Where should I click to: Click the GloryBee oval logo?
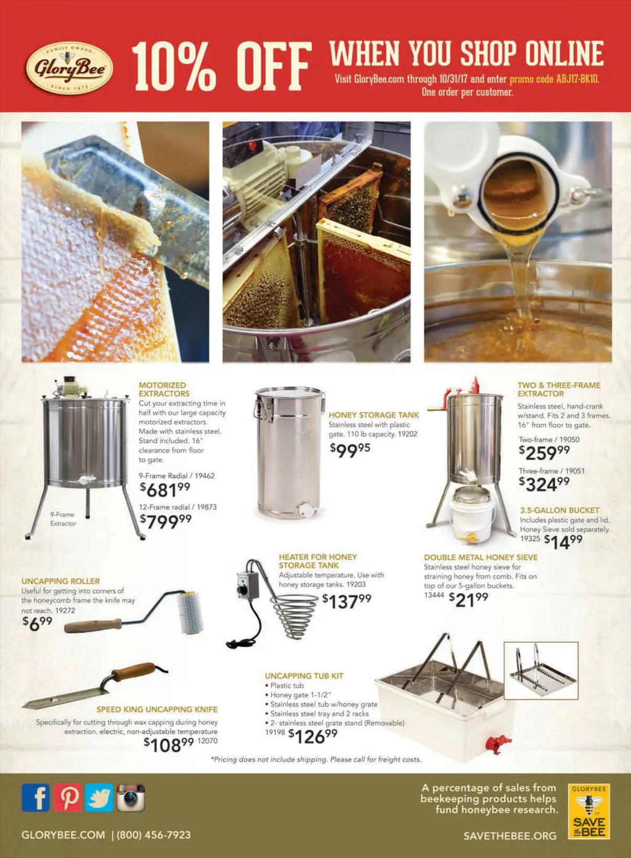pyautogui.click(x=69, y=68)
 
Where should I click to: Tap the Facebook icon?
pyautogui.click(x=36, y=798)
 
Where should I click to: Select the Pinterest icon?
pyautogui.click(x=67, y=798)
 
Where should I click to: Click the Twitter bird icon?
pyautogui.click(x=99, y=798)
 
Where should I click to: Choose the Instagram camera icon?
pyautogui.click(x=131, y=798)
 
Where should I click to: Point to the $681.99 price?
pyautogui.click(x=165, y=489)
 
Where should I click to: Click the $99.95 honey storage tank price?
pyautogui.click(x=350, y=450)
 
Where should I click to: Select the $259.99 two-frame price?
pyautogui.click(x=544, y=452)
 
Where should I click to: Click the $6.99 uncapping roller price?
pyautogui.click(x=37, y=624)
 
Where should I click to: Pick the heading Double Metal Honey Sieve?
pyautogui.click(x=481, y=557)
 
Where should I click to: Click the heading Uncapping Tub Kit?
pyautogui.click(x=304, y=676)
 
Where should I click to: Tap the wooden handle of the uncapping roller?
pyautogui.click(x=93, y=626)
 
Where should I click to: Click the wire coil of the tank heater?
pyautogui.click(x=294, y=616)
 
